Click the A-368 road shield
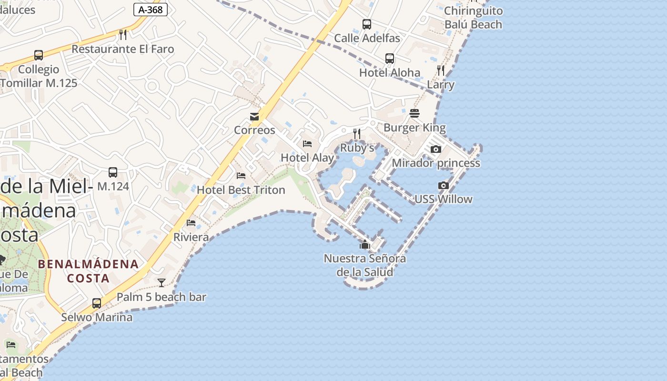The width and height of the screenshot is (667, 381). pos(151,9)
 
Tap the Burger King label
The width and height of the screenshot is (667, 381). pos(414,128)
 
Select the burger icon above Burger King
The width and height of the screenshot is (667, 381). pos(414,113)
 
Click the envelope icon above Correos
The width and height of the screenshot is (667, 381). pos(254,117)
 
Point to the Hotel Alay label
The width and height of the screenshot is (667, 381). pos(307,158)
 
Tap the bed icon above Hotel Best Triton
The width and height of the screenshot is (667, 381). pos(241,176)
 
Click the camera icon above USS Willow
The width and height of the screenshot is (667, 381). pos(444,185)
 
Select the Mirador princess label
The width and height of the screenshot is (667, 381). pos(436,163)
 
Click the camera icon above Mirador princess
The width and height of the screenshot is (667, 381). pos(435,149)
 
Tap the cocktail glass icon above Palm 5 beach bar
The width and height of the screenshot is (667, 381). pos(162,283)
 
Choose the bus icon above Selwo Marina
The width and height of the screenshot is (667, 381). pos(97,303)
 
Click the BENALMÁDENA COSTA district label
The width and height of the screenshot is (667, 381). pos(89,271)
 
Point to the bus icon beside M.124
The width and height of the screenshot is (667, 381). pos(113,172)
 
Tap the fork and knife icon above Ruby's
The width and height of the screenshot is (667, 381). pos(357,134)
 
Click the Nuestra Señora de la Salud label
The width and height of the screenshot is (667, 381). pos(365,265)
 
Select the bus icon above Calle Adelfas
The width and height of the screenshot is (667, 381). pos(367,24)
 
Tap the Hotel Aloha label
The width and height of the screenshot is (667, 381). pos(390,73)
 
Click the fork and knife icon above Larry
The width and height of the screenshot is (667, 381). pos(441,70)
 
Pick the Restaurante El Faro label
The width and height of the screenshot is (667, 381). pos(123,49)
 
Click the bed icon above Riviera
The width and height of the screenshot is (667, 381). pos(191,223)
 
